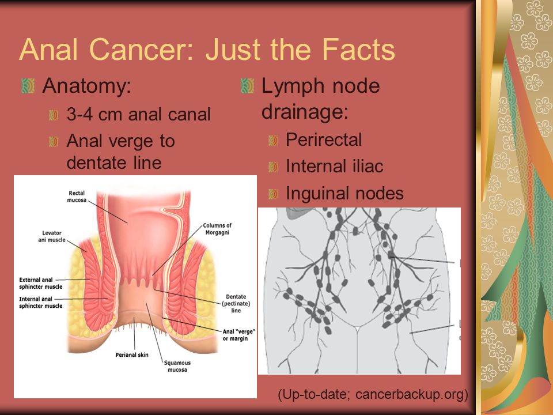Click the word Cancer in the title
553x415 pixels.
[142, 50]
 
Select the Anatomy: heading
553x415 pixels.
[87, 86]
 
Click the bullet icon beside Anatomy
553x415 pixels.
[28, 86]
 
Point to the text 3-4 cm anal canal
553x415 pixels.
[139, 114]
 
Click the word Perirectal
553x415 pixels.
[324, 139]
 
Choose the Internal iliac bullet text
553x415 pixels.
[335, 166]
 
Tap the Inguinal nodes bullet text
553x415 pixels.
[344, 194]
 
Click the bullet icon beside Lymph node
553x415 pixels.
[247, 86]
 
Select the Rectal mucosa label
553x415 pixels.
[77, 197]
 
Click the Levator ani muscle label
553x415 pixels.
[52, 236]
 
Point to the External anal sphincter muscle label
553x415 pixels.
[40, 284]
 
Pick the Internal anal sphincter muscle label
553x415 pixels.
[40, 303]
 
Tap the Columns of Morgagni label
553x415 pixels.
[217, 229]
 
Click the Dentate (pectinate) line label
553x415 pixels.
[236, 304]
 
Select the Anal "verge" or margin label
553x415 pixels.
[238, 335]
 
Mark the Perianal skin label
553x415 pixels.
[132, 354]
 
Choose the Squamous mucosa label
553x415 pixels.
[177, 367]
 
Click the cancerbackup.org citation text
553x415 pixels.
[411, 394]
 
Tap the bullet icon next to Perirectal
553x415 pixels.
[273, 140]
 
